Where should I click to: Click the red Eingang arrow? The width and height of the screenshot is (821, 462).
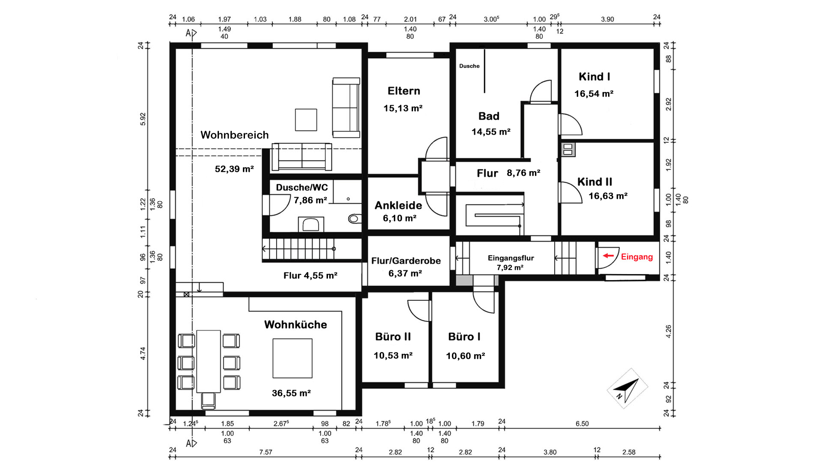608,256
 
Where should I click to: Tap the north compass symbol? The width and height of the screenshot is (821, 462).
627,388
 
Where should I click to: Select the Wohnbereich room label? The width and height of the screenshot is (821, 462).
235,135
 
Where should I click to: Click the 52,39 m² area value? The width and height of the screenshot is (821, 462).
234,169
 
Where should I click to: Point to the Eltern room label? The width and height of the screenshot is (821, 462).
404,91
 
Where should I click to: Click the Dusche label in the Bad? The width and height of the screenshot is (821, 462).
470,66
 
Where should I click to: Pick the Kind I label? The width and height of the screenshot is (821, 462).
594,77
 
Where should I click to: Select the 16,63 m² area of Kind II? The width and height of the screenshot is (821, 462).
608,196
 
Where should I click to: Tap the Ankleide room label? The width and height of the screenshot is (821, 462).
398,205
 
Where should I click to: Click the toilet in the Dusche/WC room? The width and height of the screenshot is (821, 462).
354,219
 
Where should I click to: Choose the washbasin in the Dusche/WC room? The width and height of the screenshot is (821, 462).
311,224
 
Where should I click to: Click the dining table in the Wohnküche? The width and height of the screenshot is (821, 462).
209,361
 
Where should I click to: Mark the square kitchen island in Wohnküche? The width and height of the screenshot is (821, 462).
292,358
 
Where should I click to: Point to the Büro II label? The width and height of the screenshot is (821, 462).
393,337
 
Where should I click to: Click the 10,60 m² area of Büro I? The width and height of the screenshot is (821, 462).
465,356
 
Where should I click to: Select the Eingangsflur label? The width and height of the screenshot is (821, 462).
511,258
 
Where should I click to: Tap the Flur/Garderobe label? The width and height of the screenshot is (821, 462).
406,261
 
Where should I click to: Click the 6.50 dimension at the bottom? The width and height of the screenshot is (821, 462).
582,424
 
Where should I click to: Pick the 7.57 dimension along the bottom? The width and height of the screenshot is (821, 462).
266,452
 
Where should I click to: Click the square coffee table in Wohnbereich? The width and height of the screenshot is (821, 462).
306,120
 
